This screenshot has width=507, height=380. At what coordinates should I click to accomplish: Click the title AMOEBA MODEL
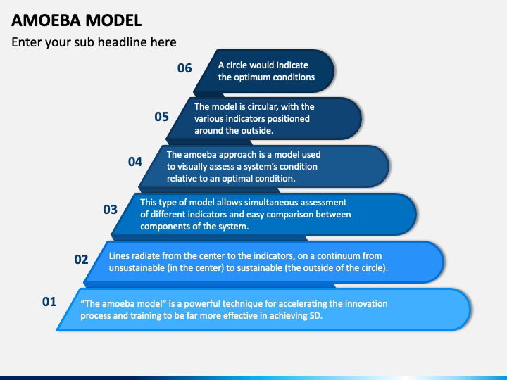[x=76, y=20]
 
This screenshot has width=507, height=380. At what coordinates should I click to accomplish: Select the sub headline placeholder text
[x=94, y=43]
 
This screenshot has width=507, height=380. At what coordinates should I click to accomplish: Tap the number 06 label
[x=184, y=68]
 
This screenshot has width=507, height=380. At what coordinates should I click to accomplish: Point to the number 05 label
[x=162, y=117]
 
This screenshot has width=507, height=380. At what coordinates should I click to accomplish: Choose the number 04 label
[x=135, y=162]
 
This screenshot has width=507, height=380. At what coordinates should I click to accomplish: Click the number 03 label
[x=110, y=209]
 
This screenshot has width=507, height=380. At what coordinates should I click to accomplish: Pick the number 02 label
[x=82, y=259]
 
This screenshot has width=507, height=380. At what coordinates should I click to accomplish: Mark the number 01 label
[x=49, y=302]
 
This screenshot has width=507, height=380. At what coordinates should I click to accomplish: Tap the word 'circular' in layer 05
[x=260, y=107]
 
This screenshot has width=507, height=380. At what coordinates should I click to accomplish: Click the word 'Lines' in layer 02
[x=120, y=257]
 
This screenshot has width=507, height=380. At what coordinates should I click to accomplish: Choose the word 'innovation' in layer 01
[x=365, y=304]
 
